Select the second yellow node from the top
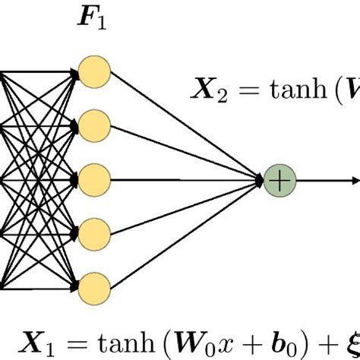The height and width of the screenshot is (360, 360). tap(96, 125)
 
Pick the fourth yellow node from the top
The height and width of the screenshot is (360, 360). tap(96, 232)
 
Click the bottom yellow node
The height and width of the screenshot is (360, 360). tap(96, 287)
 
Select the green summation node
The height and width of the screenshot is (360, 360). tap(279, 181)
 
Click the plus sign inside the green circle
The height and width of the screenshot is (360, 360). tap(279, 181)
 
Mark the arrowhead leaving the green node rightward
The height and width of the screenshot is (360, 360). tap(355, 181)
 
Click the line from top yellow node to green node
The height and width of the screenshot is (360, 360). tap(186, 126)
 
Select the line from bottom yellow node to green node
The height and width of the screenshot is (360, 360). tap(186, 235)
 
